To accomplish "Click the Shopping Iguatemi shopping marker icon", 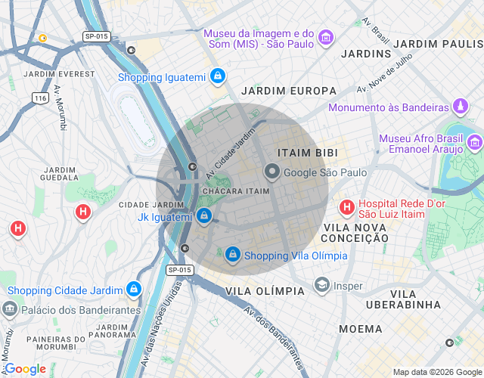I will [x=218, y=76].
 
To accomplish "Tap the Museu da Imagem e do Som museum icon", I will [x=326, y=38].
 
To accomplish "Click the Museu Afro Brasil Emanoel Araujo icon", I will [x=474, y=142].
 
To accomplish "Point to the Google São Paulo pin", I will [x=271, y=172].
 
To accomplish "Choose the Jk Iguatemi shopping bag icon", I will [x=204, y=217].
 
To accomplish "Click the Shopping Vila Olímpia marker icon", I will [x=233, y=255].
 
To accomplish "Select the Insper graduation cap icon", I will [x=321, y=286].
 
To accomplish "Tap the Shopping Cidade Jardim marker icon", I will [x=134, y=290].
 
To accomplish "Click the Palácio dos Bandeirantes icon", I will [x=10, y=309].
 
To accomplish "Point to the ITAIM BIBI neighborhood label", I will [x=307, y=153].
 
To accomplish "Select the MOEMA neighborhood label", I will [x=361, y=329].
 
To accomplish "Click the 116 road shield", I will [x=41, y=98].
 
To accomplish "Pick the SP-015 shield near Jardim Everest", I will [x=97, y=36].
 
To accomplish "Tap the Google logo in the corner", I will [x=25, y=369].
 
